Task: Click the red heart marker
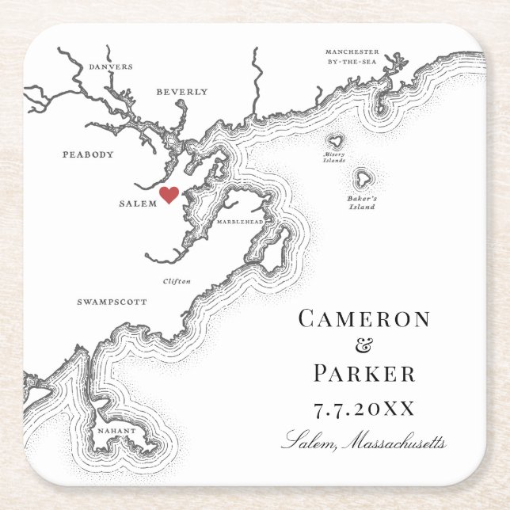pyautogui.click(x=169, y=195)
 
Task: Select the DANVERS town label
pyautogui.click(x=111, y=67)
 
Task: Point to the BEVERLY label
pyautogui.click(x=181, y=92)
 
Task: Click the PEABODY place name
pyautogui.click(x=88, y=154)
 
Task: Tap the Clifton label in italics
pyautogui.click(x=177, y=281)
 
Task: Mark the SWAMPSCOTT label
pyautogui.click(x=112, y=302)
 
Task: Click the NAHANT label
pyautogui.click(x=117, y=431)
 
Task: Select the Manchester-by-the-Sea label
pyautogui.click(x=352, y=56)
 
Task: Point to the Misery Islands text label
pyautogui.click(x=334, y=157)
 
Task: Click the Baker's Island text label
pyautogui.click(x=363, y=203)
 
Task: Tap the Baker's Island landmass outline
pyautogui.click(x=364, y=177)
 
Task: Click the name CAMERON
pyautogui.click(x=364, y=319)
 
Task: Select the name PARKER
pyautogui.click(x=364, y=373)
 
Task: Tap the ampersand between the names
pyautogui.click(x=364, y=346)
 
